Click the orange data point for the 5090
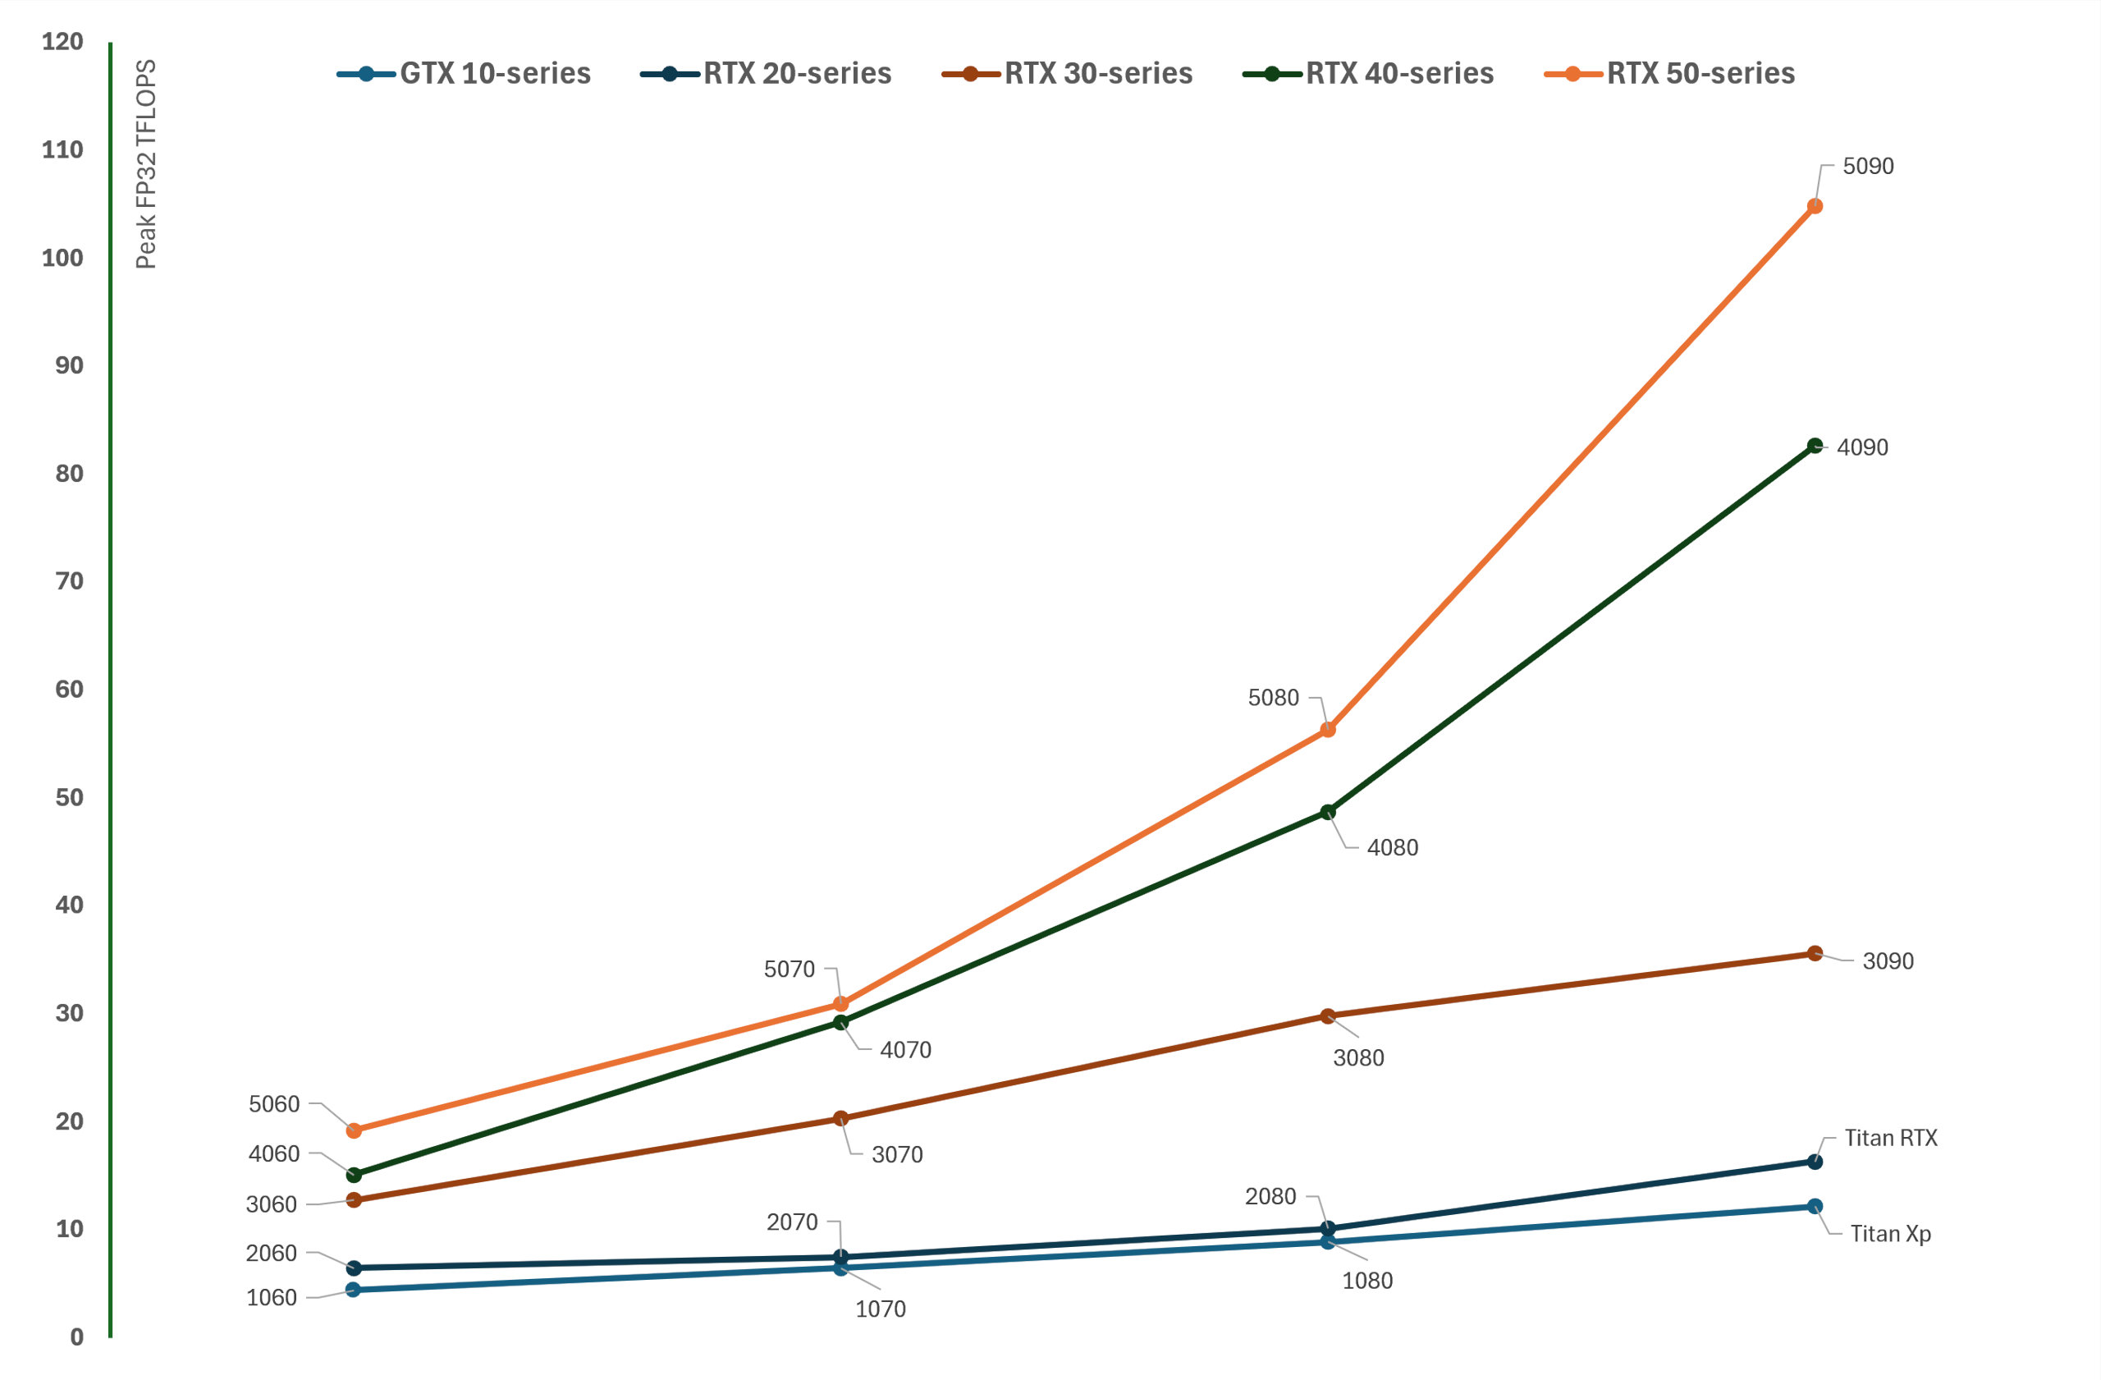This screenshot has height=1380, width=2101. click(x=1815, y=206)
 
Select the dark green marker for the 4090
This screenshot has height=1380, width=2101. click(x=1815, y=446)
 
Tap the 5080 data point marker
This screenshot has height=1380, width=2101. click(x=1328, y=729)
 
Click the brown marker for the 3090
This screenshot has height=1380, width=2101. click(x=1815, y=952)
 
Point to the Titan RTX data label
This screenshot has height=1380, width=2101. click(x=1890, y=1138)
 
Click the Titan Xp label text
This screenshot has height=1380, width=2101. click(x=1890, y=1233)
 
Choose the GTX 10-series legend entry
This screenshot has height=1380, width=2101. click(x=465, y=73)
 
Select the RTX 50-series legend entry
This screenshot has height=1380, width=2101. click(x=1669, y=73)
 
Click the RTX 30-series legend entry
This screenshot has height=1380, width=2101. click(x=1069, y=73)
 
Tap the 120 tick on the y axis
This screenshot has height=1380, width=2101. click(x=62, y=42)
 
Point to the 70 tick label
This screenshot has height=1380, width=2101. click(x=69, y=581)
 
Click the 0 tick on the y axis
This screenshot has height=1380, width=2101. click(x=77, y=1336)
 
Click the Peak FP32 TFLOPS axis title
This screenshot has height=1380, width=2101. click(x=145, y=164)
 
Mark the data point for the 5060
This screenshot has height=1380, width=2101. click(x=354, y=1130)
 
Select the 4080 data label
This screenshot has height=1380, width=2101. click(x=1392, y=847)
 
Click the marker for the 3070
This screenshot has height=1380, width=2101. click(x=840, y=1118)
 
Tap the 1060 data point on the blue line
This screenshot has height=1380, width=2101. click(x=354, y=1290)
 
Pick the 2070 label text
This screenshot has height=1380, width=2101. click(x=792, y=1222)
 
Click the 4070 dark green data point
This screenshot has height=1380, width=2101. click(x=840, y=1022)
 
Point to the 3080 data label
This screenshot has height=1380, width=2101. click(x=1357, y=1057)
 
